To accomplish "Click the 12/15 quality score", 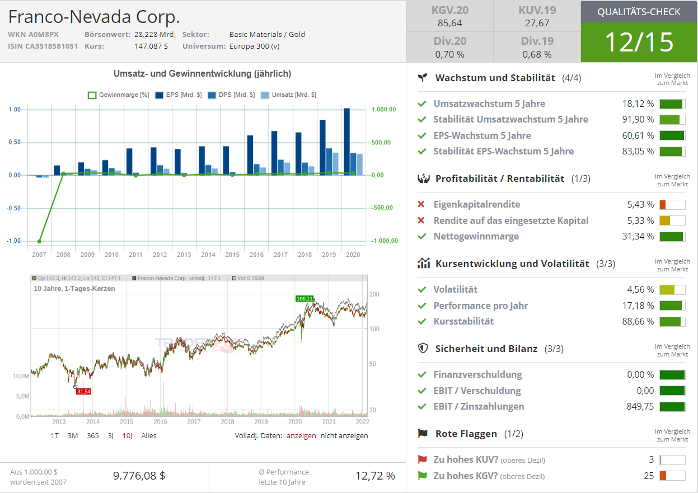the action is click(639, 42).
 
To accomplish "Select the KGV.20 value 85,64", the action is click(449, 23).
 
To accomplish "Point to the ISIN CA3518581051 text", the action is click(43, 46).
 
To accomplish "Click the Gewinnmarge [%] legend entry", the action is click(119, 95).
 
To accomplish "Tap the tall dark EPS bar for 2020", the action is click(346, 142).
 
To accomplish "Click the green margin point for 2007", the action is click(39, 241).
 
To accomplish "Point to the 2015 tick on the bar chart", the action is click(232, 255).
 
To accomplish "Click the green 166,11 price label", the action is click(305, 298).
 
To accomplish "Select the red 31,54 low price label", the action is click(83, 391).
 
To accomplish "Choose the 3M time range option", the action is click(73, 435).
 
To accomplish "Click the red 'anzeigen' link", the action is click(301, 435).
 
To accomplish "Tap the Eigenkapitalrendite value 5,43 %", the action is click(640, 204).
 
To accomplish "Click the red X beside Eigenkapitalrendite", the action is click(421, 204).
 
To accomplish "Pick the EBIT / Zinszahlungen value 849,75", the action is click(640, 406).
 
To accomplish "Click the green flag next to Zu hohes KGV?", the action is click(422, 476).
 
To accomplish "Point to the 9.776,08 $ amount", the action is click(139, 476).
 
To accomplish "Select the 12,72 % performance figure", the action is click(375, 476).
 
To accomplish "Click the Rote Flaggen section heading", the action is click(466, 434).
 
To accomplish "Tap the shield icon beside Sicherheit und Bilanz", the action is click(423, 348).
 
